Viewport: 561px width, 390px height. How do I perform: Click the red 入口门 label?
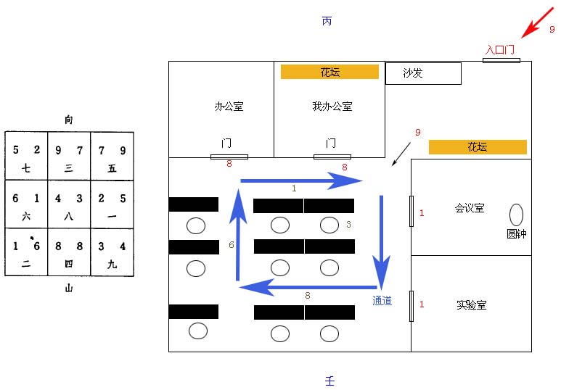tap(500, 49)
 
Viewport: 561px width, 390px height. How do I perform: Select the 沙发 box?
tap(422, 73)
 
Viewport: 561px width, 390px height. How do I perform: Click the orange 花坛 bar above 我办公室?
tap(329, 72)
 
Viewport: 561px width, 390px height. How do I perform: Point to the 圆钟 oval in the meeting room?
tap(516, 215)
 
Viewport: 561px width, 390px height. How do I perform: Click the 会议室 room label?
tap(470, 208)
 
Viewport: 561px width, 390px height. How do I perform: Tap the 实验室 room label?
tap(471, 305)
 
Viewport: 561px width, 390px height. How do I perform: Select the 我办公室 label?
tap(332, 107)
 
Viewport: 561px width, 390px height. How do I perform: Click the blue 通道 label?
tap(382, 301)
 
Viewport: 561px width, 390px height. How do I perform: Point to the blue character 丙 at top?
tap(327, 21)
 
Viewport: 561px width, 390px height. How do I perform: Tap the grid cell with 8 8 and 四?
tap(69, 254)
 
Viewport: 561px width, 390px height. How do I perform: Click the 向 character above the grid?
tap(69, 120)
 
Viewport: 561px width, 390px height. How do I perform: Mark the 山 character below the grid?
tap(69, 289)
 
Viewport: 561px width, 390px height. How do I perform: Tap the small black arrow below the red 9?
tap(401, 154)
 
